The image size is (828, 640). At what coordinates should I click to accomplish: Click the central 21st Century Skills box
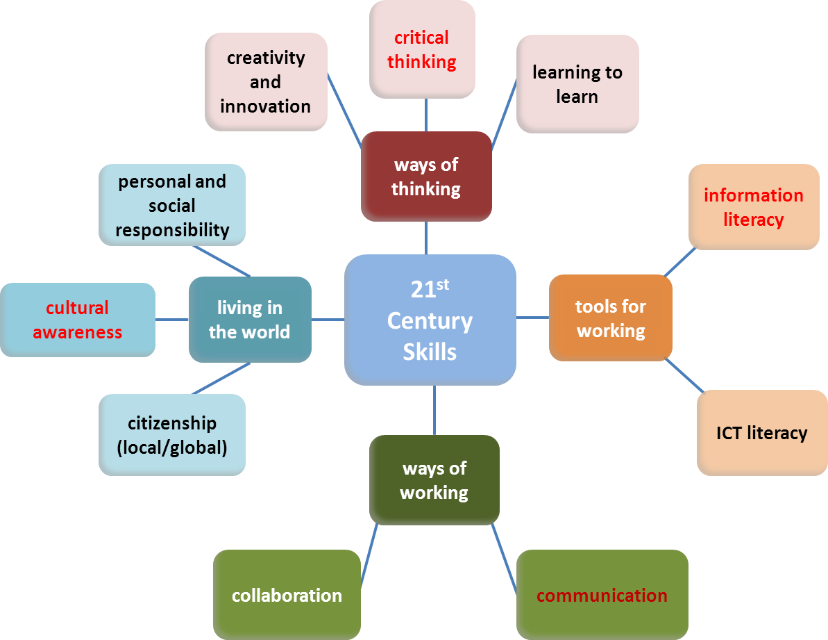coord(430,320)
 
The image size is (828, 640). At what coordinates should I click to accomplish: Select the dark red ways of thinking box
coord(426,177)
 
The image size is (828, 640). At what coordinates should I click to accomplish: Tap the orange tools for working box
coord(611,318)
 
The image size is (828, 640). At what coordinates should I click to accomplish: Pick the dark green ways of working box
coord(434,479)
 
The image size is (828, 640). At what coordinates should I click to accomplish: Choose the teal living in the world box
coord(250,320)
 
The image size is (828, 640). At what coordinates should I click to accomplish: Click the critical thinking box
coord(422,49)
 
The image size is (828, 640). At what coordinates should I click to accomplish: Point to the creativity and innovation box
coord(266,82)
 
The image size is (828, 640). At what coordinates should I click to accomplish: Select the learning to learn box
coord(577,84)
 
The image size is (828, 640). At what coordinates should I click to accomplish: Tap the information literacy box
coord(754,207)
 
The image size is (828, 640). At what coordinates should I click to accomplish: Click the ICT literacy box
coord(761,433)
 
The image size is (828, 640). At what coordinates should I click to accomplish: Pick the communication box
coord(602,595)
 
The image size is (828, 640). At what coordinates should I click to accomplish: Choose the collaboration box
coord(287,595)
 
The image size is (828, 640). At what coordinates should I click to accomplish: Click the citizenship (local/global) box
coord(172,435)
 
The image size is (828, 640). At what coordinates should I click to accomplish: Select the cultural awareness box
coord(78,320)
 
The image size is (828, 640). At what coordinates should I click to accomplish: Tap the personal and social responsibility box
coord(172,205)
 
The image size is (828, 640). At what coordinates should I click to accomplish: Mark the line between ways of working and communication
coord(504,556)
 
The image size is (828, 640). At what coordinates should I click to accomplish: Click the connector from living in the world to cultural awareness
coord(172,320)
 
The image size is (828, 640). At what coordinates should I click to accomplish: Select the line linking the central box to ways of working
coord(434,410)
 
